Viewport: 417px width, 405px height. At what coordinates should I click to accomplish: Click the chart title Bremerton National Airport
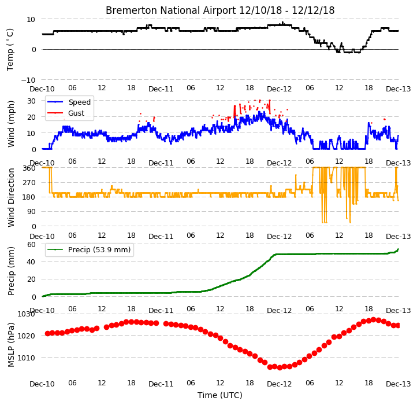coord(171,10)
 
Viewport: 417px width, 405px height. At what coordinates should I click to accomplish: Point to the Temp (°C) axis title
coord(10,50)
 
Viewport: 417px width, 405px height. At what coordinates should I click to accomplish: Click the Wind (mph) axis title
coord(11,124)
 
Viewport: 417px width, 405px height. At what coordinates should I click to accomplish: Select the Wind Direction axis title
coord(11,197)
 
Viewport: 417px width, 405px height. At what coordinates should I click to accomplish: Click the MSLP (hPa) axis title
coord(11,345)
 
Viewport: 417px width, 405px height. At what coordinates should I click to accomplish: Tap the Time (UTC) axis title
coord(220,395)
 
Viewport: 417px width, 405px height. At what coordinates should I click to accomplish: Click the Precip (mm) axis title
coord(11,271)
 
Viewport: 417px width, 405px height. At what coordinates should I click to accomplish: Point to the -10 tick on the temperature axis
coord(28,80)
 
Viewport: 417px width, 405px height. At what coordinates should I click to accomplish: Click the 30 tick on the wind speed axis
coord(31,101)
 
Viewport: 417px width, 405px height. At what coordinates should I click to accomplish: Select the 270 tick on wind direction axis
coord(30,183)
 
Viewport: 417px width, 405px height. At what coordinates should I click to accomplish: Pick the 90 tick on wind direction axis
coord(32,212)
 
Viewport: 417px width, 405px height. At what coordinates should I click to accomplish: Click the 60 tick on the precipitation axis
coord(31,245)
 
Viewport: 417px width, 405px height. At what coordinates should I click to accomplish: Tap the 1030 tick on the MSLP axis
coord(26,314)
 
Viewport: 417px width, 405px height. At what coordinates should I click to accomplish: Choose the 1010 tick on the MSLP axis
coord(26,358)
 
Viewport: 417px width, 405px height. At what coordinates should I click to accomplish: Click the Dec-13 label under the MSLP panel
coord(399,384)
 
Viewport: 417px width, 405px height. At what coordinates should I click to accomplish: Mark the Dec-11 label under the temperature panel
coord(161,89)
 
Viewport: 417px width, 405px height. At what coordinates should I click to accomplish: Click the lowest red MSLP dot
coord(280,368)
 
